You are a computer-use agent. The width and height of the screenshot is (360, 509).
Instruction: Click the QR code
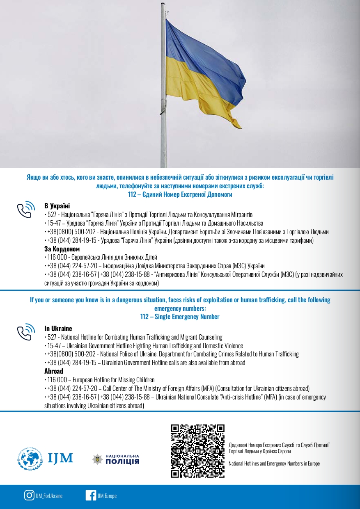(198, 451)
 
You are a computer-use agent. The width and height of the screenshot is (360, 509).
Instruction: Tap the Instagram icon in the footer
(29, 495)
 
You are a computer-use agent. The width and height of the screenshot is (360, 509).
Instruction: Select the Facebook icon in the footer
(91, 495)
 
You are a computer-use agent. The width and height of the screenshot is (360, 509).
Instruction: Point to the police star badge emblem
(98, 459)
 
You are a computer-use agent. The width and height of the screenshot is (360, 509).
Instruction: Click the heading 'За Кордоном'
(62, 249)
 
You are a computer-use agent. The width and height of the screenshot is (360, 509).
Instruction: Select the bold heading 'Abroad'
(54, 371)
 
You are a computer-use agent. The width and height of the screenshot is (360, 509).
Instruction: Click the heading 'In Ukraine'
(58, 329)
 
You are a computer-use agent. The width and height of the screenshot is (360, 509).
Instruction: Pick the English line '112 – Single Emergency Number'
(180, 317)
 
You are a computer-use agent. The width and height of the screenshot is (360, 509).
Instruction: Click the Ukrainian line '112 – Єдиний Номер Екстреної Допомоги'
(180, 194)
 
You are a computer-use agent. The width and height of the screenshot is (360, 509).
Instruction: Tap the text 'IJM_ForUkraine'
(49, 496)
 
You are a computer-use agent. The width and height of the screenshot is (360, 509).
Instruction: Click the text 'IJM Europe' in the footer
(107, 496)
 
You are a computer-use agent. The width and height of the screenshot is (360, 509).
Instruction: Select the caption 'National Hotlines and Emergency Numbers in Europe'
(274, 463)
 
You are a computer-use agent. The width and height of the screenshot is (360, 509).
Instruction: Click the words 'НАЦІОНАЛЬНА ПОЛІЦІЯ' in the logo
(122, 459)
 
